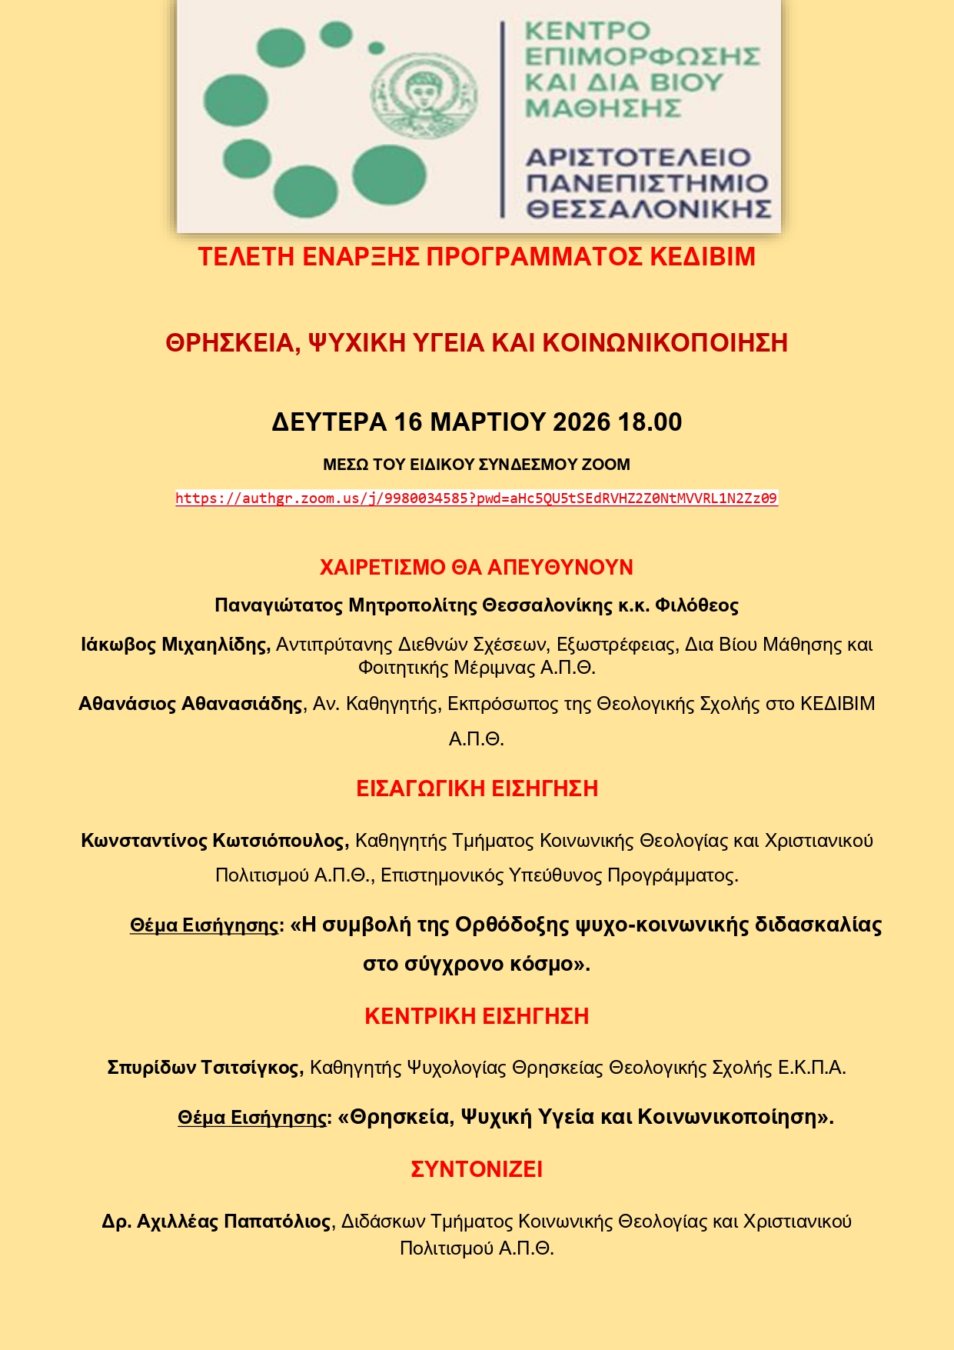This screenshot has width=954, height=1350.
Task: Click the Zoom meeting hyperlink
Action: coord(476,498)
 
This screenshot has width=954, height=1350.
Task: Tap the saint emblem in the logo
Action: coord(424,95)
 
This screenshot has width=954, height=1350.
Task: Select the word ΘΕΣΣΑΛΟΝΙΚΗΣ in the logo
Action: coord(648,209)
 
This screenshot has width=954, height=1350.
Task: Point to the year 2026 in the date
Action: coord(581,422)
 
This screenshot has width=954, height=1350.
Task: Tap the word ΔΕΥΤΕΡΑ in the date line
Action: coord(329,422)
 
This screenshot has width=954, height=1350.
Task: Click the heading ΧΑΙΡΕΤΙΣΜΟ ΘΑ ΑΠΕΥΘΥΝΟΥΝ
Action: coord(477,568)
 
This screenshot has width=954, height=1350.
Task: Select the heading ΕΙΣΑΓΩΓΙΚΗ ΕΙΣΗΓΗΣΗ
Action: coord(477,789)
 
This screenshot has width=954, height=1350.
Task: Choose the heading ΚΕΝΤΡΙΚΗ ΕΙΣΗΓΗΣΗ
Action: coord(477,1016)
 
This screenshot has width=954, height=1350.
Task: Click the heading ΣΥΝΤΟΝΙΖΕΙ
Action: coord(477,1169)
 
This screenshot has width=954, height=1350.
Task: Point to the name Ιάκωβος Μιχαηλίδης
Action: coord(175,645)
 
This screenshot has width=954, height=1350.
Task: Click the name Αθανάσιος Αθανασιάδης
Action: coord(191,704)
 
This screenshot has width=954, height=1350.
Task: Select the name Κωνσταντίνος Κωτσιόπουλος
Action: coord(214,841)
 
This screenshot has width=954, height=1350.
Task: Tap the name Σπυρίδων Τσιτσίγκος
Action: coord(205,1068)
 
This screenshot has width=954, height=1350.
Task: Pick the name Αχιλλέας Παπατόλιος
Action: coord(234,1222)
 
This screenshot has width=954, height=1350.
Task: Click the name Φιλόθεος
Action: coord(696,606)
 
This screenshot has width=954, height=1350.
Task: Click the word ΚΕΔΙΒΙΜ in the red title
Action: coord(703,257)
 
